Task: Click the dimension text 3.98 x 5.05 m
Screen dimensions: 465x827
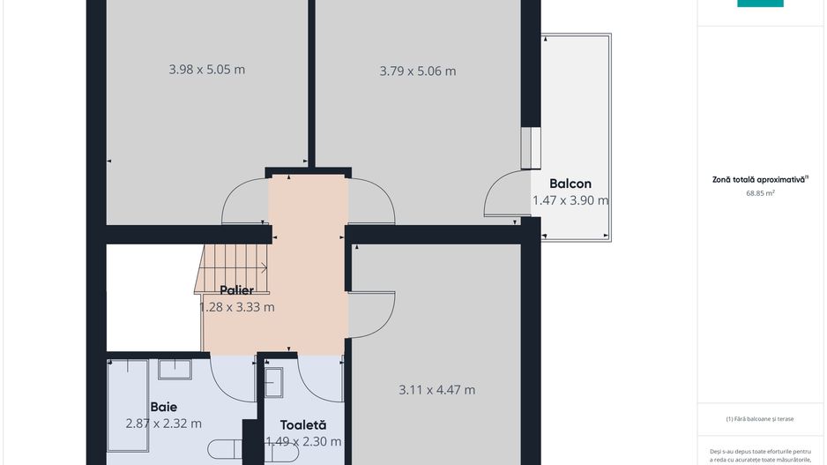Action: (x=206, y=70)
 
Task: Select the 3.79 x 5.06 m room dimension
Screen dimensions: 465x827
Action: (x=417, y=71)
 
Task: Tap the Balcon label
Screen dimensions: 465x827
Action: (x=570, y=184)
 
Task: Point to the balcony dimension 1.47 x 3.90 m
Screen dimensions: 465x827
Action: (x=570, y=201)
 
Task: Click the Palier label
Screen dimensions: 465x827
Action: (x=236, y=290)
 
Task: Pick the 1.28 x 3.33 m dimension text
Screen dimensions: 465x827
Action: (x=236, y=307)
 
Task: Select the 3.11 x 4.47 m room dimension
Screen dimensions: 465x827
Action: (x=436, y=390)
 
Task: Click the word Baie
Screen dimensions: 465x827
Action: (x=164, y=407)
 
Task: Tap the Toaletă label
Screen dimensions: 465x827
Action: (x=302, y=424)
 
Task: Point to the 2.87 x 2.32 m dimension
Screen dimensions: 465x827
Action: (x=164, y=424)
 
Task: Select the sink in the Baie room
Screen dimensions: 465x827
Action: (x=175, y=368)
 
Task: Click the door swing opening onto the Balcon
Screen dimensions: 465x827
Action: (x=506, y=196)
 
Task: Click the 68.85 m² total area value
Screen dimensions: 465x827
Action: (x=759, y=192)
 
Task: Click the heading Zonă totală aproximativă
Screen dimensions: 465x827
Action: (x=759, y=179)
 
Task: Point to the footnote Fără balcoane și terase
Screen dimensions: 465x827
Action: (x=759, y=419)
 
